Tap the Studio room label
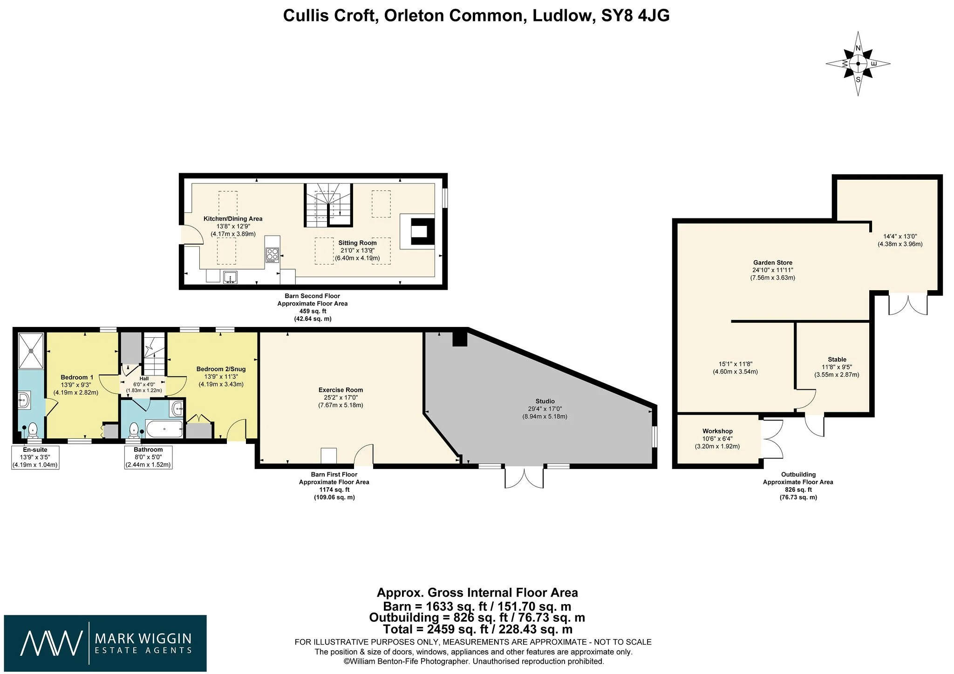point(545,401)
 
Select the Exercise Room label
point(341,390)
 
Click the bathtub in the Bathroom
point(164,429)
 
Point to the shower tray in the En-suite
point(32,350)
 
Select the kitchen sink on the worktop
point(230,277)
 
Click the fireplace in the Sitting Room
point(417,231)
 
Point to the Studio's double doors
point(524,476)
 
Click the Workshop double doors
point(772,439)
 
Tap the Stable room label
point(837,360)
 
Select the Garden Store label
point(773,263)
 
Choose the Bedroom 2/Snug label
point(221,369)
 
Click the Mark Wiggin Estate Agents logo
point(105,643)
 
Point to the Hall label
point(144,379)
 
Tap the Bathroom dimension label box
point(148,457)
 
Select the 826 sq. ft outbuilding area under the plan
point(798,490)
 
